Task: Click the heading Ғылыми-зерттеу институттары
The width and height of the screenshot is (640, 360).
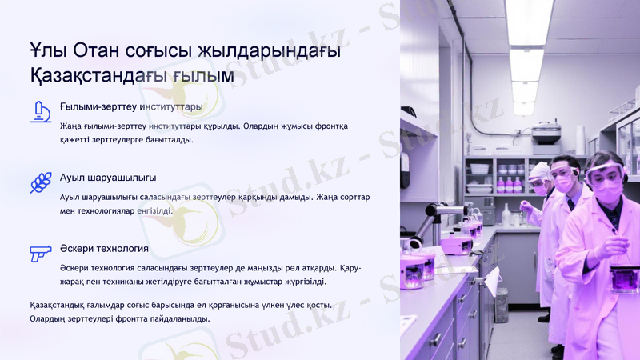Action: pyautogui.click(x=131, y=106)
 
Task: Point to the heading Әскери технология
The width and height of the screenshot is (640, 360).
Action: pyautogui.click(x=104, y=248)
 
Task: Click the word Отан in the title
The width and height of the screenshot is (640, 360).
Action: pyautogui.click(x=95, y=51)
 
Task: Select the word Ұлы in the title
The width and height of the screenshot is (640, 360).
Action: pyautogui.click(x=46, y=51)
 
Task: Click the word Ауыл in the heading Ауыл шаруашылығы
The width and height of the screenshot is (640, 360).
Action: pyautogui.click(x=72, y=177)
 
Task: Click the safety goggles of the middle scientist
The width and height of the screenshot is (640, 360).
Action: pyautogui.click(x=564, y=170)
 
